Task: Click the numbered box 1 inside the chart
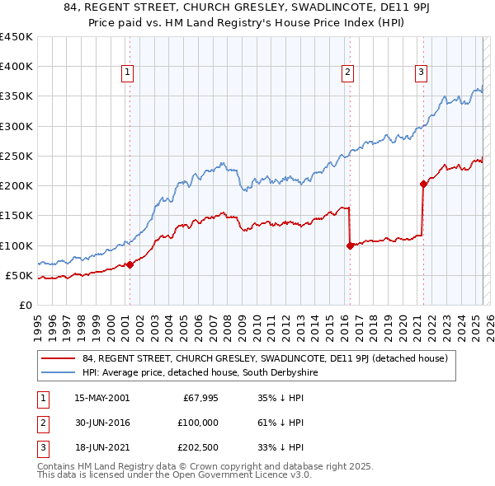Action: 129,72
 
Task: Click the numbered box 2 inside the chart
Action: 348,72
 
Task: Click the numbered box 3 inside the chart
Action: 421,72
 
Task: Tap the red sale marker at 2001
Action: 130,264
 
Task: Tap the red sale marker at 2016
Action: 350,245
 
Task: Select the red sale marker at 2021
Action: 423,185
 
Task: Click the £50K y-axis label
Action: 19,275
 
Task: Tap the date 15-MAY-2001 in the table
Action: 101,399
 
